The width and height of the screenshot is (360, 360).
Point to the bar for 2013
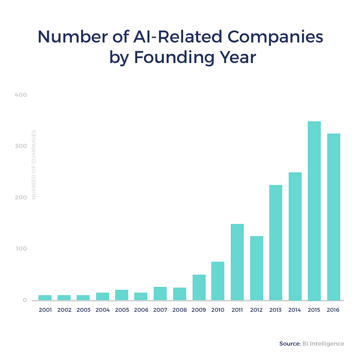pyautogui.click(x=276, y=243)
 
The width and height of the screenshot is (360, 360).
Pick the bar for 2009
pyautogui.click(x=199, y=287)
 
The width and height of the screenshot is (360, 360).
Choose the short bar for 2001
pyautogui.click(x=45, y=297)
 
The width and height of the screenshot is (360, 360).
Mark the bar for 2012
pyautogui.click(x=256, y=268)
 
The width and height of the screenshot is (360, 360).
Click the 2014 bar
pyautogui.click(x=295, y=236)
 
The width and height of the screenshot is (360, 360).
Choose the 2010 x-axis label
pyautogui.click(x=218, y=310)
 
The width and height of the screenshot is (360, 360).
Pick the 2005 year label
pyautogui.click(x=121, y=310)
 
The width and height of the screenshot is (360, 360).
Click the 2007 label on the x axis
pyautogui.click(x=160, y=310)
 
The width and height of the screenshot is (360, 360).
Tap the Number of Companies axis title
pyautogui.click(x=33, y=165)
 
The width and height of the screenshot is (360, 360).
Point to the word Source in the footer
pyautogui.click(x=288, y=343)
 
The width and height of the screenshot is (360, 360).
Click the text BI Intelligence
pyautogui.click(x=323, y=343)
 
